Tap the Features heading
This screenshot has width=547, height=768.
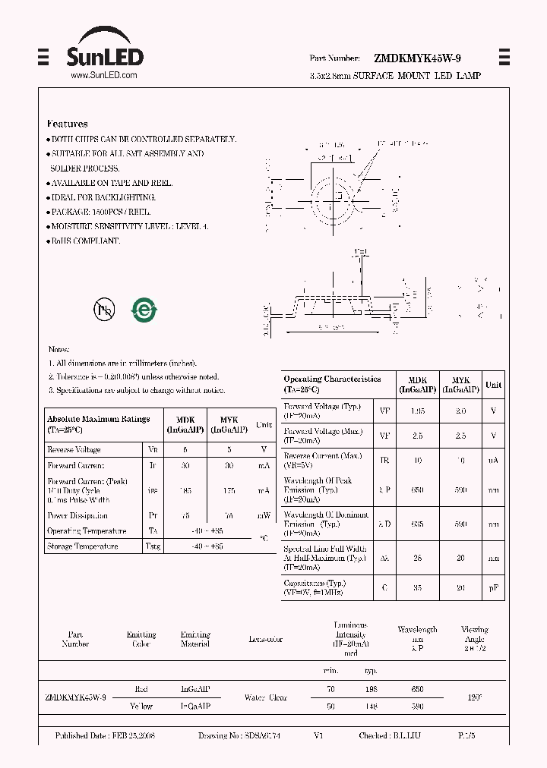[67, 124]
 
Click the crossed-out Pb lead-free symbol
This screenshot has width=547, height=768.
[103, 308]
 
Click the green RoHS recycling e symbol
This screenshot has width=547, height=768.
[144, 308]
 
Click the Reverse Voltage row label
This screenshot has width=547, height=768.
[74, 449]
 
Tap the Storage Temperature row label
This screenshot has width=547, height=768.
[82, 546]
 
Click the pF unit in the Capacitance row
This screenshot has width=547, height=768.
[493, 588]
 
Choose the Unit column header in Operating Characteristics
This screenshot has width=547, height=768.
[494, 385]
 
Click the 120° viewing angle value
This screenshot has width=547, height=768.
[475, 697]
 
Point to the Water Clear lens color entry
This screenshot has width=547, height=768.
[266, 697]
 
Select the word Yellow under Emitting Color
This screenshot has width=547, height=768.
[141, 706]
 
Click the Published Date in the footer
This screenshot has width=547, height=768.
[105, 736]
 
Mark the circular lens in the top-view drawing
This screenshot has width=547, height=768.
[332, 199]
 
